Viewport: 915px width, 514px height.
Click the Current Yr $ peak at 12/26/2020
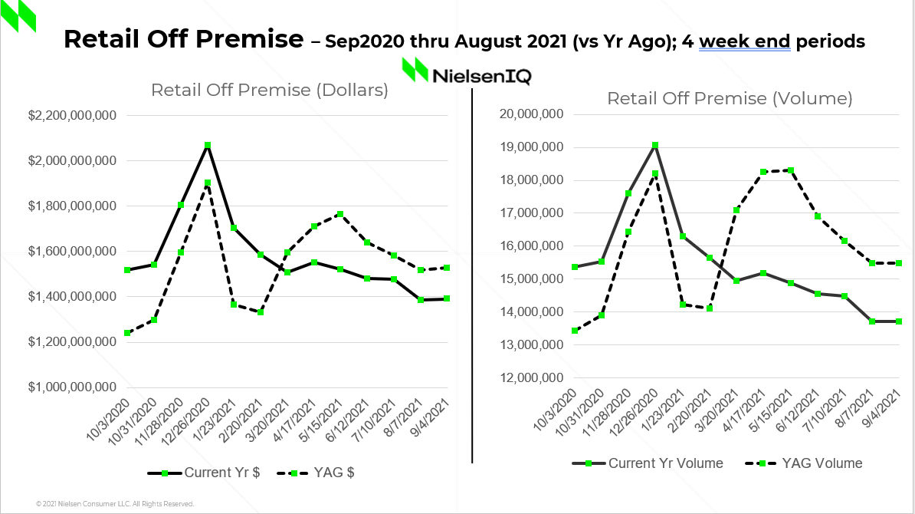207,145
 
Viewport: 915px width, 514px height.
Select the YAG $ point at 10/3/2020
126,333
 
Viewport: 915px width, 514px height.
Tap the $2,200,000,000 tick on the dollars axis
72,116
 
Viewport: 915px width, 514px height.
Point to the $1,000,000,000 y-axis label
72,387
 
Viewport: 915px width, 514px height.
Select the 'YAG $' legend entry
316,473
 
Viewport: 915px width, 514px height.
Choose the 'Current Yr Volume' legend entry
648,463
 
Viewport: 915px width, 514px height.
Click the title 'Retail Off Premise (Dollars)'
269,90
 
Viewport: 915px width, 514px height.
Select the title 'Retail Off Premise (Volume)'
730,98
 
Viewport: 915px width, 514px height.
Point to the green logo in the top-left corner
18,17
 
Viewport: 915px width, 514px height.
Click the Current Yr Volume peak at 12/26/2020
654,145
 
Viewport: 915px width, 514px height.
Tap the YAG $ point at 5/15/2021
340,214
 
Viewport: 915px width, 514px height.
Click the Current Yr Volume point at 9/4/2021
898,321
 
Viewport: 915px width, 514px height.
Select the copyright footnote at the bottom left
115,504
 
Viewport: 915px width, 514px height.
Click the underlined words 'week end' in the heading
744,41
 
